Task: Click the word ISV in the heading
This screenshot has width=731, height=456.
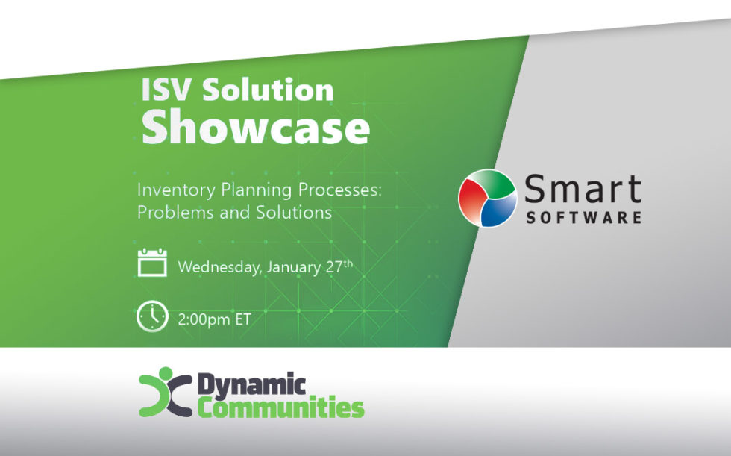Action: pos(166,90)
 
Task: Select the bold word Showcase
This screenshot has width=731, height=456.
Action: pos(255,128)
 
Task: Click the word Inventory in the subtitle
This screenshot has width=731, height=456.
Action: pos(176,191)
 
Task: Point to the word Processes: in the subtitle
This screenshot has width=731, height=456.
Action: pos(340,190)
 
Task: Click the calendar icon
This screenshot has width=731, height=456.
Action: pos(152,263)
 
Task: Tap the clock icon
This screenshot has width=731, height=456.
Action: pos(152,316)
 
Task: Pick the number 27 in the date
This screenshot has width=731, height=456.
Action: pos(334,266)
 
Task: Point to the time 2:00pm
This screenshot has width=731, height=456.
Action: pos(204,320)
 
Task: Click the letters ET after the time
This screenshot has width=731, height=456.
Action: pos(243,319)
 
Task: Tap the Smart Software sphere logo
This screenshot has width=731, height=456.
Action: pos(488,199)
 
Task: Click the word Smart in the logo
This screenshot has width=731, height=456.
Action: pos(583,189)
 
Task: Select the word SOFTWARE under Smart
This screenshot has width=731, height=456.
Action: pos(583,218)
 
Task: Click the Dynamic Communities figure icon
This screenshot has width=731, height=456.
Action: pos(166,392)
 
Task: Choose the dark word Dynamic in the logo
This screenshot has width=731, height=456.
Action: pos(252,385)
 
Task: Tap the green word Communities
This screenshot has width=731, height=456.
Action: pos(280,407)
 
